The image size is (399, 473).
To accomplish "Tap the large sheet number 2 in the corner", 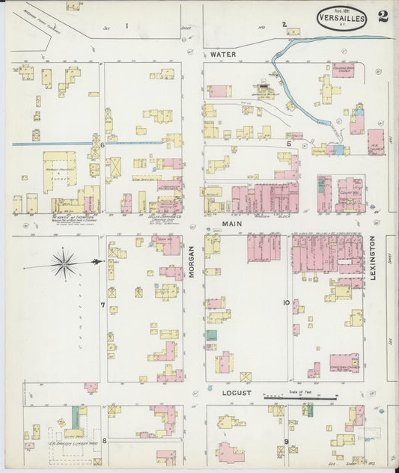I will (383, 16).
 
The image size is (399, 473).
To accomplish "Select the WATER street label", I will (222, 55).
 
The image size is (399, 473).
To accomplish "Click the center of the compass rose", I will (65, 262).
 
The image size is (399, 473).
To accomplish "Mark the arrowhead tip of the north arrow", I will (99, 262).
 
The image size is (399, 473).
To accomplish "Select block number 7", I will (103, 305).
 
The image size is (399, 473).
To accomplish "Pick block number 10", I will (286, 302).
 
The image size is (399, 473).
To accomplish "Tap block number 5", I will (288, 142).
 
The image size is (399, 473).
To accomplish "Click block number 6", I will (103, 144).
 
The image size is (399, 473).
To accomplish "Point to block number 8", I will (104, 441).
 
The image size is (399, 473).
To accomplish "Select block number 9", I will (286, 442).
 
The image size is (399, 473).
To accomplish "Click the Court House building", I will (348, 193).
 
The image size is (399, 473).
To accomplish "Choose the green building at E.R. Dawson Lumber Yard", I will (75, 417).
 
